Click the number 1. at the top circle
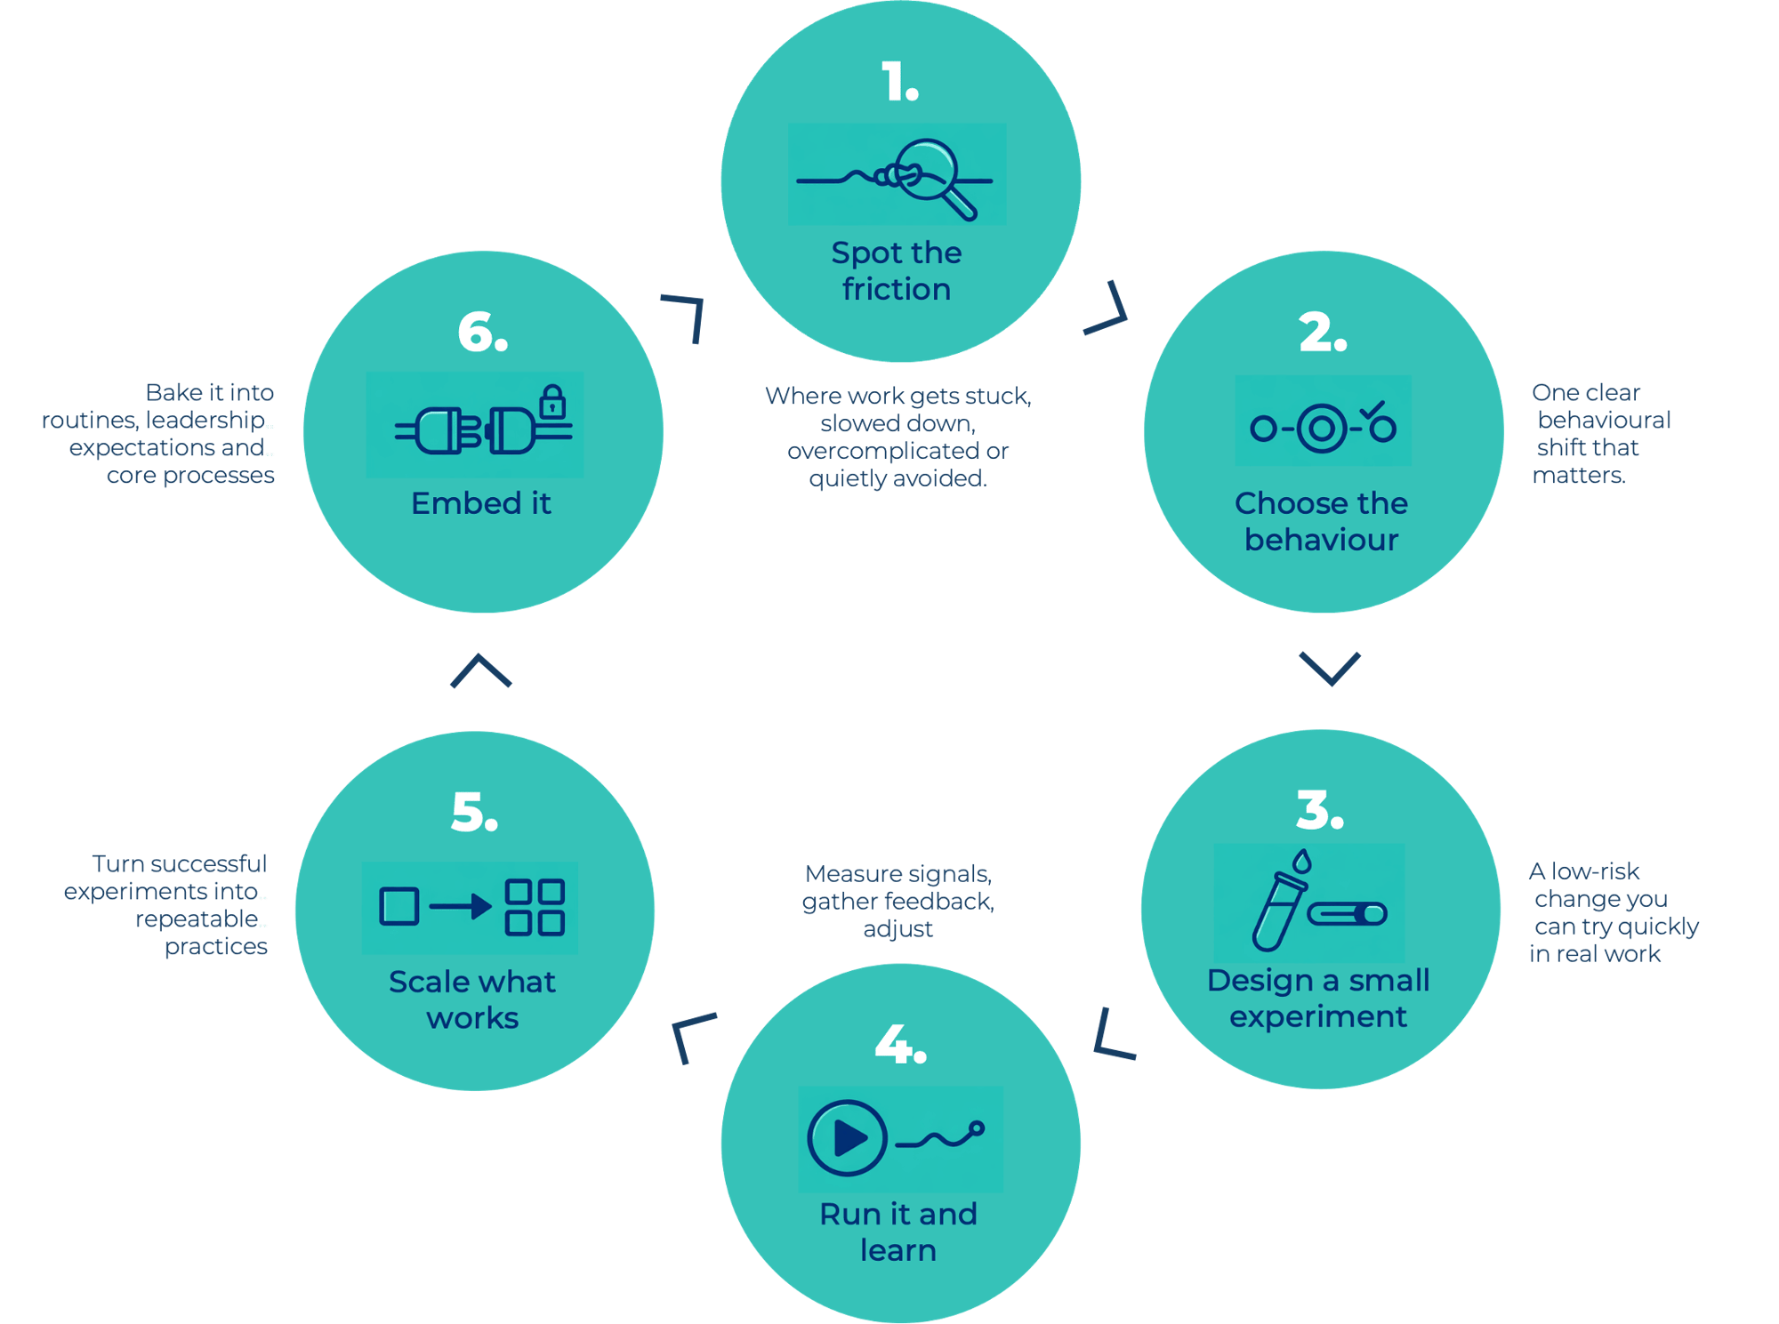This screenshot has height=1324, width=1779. point(899,83)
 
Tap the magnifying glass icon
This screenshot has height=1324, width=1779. point(930,174)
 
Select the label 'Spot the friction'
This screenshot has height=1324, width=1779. point(897,271)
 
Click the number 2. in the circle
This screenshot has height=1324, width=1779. point(1322,333)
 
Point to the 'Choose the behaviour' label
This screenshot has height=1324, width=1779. point(1321,521)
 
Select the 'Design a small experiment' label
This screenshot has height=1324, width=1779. point(1318,998)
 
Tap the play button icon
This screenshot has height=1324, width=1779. point(847,1137)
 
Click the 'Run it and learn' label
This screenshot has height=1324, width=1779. point(898,1232)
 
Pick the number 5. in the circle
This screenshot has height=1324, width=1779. point(474,813)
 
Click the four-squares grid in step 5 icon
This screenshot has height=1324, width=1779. point(535,907)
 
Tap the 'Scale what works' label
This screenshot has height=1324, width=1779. point(472,999)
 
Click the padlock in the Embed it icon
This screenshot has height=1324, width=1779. point(552,402)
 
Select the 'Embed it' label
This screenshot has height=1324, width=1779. point(481,503)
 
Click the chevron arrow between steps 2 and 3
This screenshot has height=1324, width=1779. point(1330,668)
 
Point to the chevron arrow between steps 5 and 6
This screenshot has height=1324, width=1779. point(481,670)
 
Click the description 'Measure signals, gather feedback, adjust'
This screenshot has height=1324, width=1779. point(898,901)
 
